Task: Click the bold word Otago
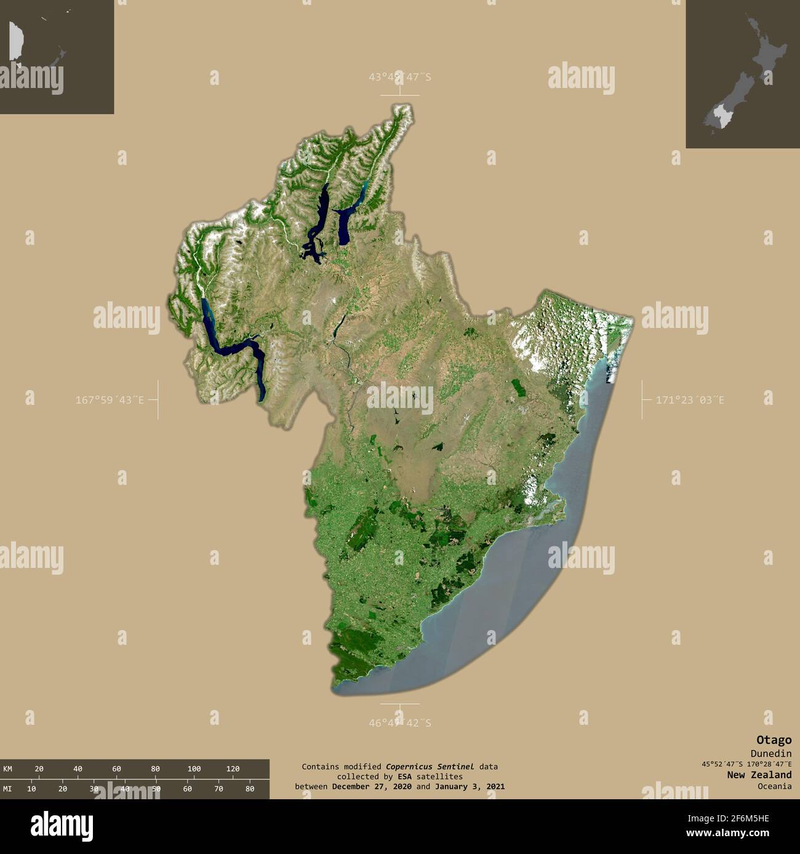[x=774, y=740]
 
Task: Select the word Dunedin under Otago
[x=770, y=754]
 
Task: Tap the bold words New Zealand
[x=759, y=775]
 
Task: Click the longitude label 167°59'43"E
[x=110, y=400]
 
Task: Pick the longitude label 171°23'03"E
[x=690, y=400]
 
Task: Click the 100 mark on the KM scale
[x=194, y=768]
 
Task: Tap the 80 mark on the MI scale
[x=249, y=789]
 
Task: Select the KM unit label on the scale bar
[x=7, y=768]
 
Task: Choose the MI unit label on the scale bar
[x=7, y=789]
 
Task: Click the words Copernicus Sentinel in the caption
[x=430, y=767]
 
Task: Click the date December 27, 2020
[x=372, y=786]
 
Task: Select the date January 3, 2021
[x=470, y=786]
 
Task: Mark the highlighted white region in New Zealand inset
[x=718, y=115]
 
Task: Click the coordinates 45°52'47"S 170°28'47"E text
[x=746, y=764]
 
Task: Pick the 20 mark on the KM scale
[x=39, y=768]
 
